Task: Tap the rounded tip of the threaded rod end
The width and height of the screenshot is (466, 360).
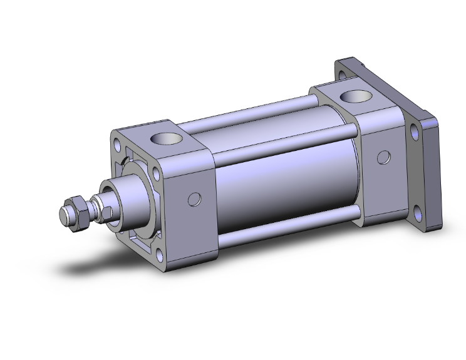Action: (63, 216)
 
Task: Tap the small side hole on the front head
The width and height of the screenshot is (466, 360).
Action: (195, 200)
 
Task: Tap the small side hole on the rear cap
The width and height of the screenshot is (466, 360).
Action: (383, 157)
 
